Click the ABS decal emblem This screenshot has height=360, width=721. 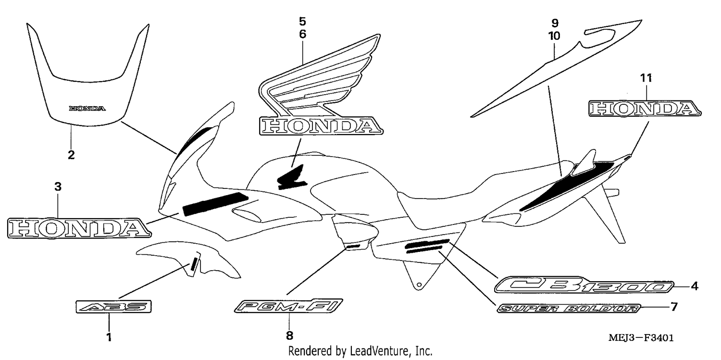click(113, 307)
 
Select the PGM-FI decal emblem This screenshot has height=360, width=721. click(288, 306)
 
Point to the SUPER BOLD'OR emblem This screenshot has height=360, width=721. click(569, 309)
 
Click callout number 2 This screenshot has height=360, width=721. click(71, 155)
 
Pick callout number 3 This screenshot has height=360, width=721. click(58, 186)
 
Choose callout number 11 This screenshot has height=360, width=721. click(646, 78)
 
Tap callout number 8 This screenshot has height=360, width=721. click(289, 336)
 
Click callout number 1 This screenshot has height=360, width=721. click(109, 337)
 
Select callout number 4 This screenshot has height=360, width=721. click(695, 286)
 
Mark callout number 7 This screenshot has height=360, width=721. click(674, 307)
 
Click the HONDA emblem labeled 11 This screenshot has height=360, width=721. click(645, 109)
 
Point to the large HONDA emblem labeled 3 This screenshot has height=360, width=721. click(79, 228)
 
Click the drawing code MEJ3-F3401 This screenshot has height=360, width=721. click(641, 338)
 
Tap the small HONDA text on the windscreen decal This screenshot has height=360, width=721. click(87, 109)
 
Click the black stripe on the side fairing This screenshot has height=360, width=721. click(215, 204)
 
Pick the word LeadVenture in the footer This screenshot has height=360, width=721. click(378, 351)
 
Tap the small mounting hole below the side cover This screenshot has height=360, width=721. click(419, 285)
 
